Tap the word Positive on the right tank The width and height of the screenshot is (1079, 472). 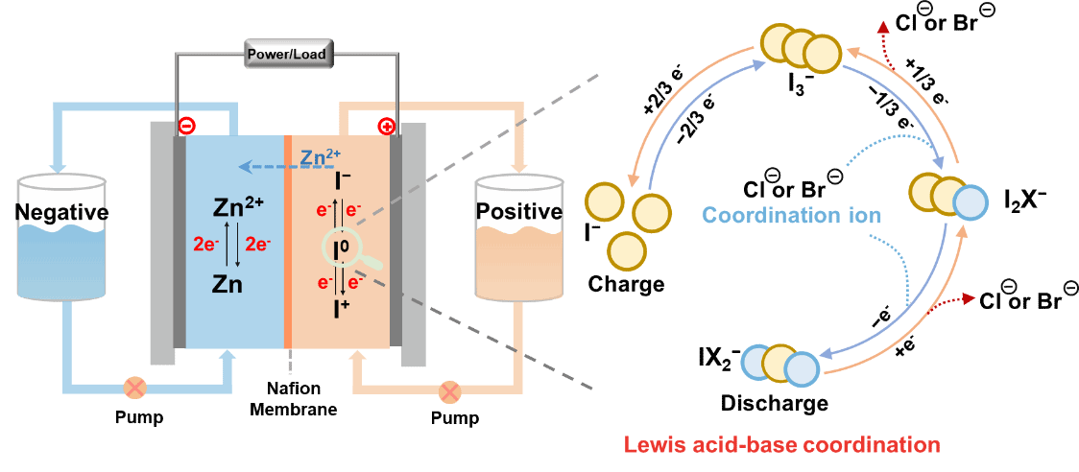point(518,212)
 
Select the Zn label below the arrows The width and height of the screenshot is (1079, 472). point(228,285)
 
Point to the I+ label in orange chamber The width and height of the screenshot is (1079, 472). point(342,309)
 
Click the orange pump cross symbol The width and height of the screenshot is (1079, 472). point(449,391)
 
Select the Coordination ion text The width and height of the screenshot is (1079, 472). point(791,215)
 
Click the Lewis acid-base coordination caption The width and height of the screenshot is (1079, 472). point(781,445)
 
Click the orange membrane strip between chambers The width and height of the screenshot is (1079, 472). point(287,240)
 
